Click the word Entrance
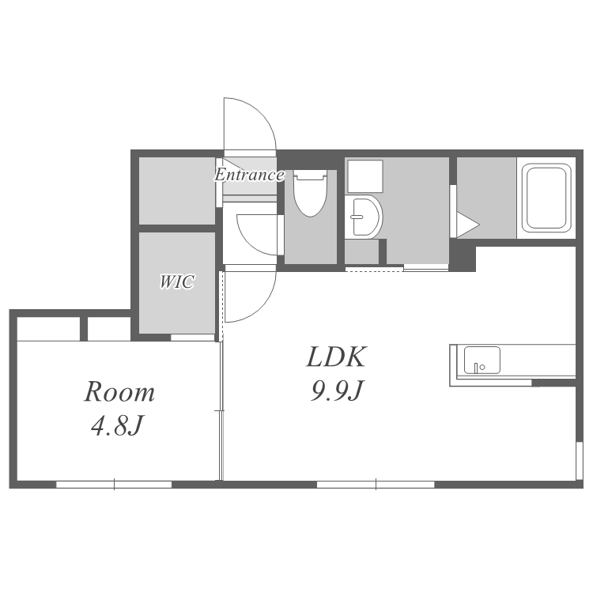(249, 175)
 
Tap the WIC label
(177, 281)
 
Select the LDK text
(336, 357)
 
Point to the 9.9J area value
(336, 391)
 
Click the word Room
(119, 392)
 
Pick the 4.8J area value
(116, 425)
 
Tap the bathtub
(546, 198)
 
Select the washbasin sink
(364, 217)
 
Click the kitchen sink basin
(482, 360)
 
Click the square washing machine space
(365, 176)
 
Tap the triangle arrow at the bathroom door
(468, 225)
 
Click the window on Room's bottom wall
(114, 485)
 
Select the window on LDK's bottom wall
(376, 485)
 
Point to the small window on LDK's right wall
(579, 460)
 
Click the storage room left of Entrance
(177, 191)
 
